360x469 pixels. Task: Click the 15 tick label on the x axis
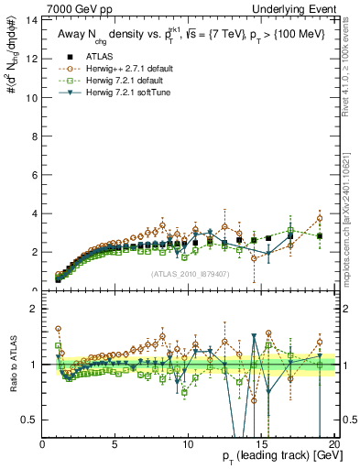(260, 444)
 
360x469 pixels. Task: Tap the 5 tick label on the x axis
(115, 444)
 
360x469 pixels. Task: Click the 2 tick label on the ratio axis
(34, 309)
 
